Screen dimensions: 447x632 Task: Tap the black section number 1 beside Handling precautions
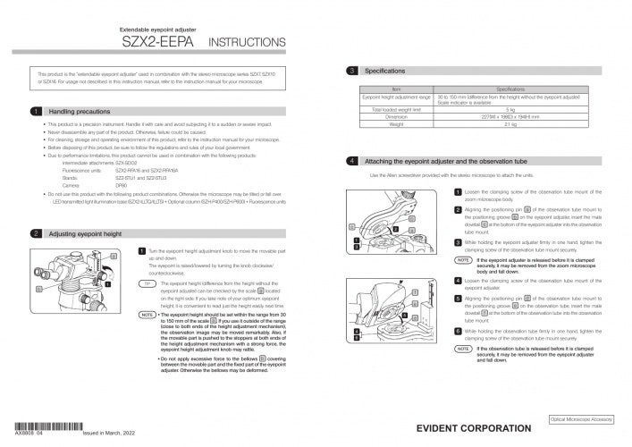pyautogui.click(x=34, y=112)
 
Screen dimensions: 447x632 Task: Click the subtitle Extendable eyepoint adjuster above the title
pyautogui.click(x=154, y=30)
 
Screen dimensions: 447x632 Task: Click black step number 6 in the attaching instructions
pyautogui.click(x=458, y=330)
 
